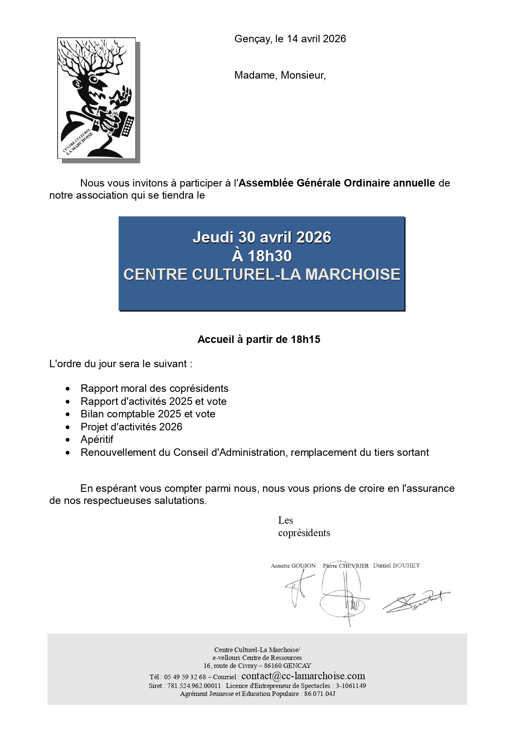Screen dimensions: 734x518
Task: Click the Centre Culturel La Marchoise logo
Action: click(x=96, y=98)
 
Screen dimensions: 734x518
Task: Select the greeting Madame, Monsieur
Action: click(x=280, y=75)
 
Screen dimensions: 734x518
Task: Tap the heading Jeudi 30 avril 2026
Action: click(x=262, y=237)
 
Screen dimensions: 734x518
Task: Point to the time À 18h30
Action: click(x=262, y=256)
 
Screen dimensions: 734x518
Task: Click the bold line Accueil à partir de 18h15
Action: click(x=259, y=339)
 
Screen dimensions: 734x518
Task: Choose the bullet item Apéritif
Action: click(x=97, y=440)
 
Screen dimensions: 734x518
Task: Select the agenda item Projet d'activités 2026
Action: click(x=131, y=427)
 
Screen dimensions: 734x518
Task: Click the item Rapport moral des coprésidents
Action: click(x=154, y=389)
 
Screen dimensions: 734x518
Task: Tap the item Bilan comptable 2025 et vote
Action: click(x=148, y=414)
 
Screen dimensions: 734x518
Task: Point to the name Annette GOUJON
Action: click(x=293, y=566)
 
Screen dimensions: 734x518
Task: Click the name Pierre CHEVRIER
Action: click(x=345, y=566)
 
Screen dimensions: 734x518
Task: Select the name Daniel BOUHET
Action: click(x=396, y=565)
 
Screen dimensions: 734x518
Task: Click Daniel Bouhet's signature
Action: click(x=416, y=601)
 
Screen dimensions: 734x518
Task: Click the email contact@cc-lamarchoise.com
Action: click(x=303, y=676)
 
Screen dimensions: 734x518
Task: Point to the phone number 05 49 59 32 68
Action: click(x=185, y=677)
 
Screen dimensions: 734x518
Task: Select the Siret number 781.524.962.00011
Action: click(x=194, y=686)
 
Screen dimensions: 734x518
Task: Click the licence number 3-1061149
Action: click(x=351, y=686)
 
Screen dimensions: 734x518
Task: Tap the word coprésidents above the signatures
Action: click(x=304, y=533)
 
